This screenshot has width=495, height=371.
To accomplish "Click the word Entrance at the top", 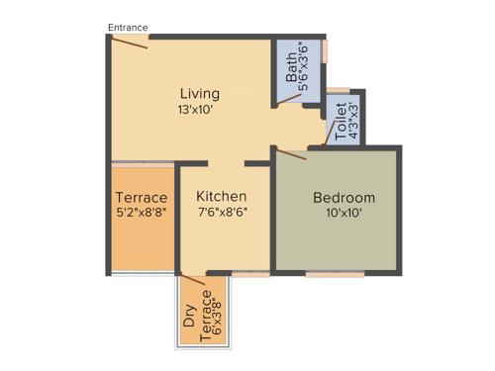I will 128,27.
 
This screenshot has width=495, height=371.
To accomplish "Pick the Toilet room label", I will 341,123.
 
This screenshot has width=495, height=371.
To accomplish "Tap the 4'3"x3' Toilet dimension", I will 353,123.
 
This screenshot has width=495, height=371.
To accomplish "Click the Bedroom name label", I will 338,197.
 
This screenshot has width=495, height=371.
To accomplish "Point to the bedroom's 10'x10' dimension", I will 338,214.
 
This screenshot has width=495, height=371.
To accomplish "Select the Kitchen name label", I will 221,196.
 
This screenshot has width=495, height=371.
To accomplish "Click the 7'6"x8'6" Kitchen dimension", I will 221,212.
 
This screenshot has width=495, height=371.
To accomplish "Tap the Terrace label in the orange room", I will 141,197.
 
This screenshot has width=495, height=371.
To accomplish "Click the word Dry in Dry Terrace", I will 189,317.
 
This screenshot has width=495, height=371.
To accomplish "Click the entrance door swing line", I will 130,42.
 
